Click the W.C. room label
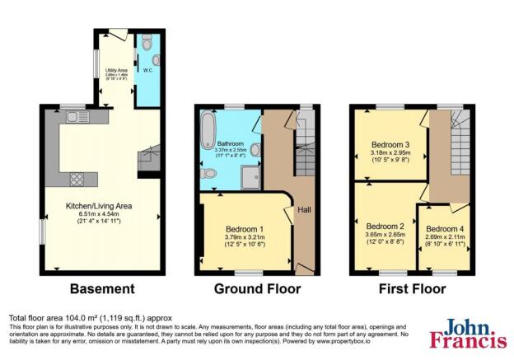pyautogui.click(x=148, y=70)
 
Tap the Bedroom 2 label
pyautogui.click(x=385, y=226)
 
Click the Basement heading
pyautogui.click(x=102, y=289)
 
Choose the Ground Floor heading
pyautogui.click(x=257, y=289)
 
